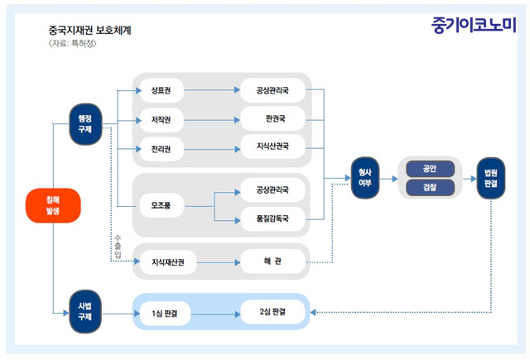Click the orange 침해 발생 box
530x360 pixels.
pos(53,205)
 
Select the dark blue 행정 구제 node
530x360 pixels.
pos(85,124)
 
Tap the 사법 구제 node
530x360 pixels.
pos(85,311)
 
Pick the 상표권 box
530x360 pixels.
pos(161,90)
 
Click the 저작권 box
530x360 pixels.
pos(161,120)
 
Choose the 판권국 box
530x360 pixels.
pos(272,118)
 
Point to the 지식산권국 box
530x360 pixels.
pos(272,146)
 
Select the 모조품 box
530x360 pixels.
pos(161,205)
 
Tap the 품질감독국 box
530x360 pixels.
pos(272,218)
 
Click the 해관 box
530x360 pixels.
pos(272,262)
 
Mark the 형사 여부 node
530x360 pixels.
pos(365,178)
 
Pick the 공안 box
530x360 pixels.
pos(430,169)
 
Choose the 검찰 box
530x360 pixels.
pos(430,187)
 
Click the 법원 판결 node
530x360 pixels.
pos(491,178)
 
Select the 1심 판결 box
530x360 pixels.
pos(165,314)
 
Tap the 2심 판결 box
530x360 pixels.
pos(272,312)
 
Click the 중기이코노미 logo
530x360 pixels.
pos(474,25)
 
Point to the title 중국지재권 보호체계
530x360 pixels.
pos(89,31)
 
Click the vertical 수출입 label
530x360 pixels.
pos(118,247)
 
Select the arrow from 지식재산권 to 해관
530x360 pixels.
pos(219,262)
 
